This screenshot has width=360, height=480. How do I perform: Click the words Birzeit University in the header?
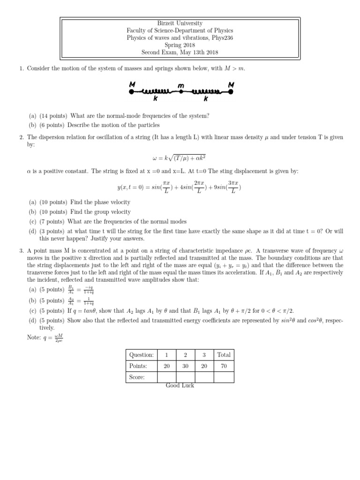coord(180,23)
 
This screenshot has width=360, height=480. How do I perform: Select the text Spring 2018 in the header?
coord(180,45)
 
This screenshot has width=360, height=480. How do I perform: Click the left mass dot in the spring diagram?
coord(131,92)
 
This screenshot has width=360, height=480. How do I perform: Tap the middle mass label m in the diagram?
coord(180,85)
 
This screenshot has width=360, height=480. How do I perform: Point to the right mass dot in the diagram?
coord(231,92)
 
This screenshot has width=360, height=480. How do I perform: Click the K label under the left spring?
coord(155,99)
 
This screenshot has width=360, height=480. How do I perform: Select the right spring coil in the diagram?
coord(205,91)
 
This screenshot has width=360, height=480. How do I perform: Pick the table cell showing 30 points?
coord(185,366)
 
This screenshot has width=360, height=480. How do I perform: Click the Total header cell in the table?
coord(224,355)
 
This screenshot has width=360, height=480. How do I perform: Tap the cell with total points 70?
coord(224,366)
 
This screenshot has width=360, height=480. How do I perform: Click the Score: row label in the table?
coord(137,377)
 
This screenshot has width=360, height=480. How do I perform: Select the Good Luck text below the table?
coord(180,385)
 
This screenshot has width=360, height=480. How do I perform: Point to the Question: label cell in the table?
coord(141,355)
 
